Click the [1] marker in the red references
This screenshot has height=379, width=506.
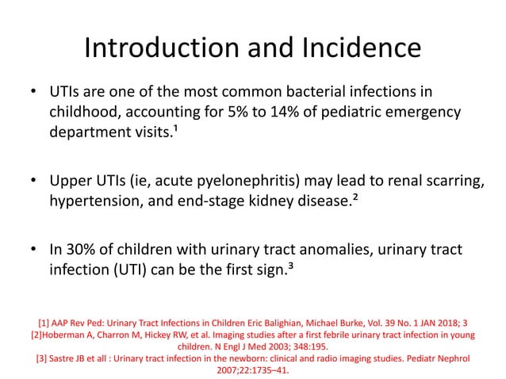coord(44,323)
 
